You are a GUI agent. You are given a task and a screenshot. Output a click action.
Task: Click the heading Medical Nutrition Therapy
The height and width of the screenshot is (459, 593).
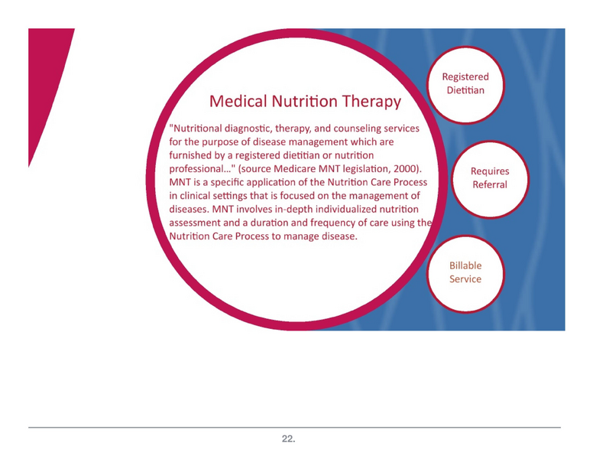pos(304,101)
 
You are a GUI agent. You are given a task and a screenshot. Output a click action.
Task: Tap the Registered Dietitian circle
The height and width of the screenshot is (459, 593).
pos(465,83)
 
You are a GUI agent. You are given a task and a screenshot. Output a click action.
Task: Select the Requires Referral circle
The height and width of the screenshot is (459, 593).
pos(490,178)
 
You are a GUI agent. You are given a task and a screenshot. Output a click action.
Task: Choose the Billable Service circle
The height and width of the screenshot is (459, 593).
pos(465,272)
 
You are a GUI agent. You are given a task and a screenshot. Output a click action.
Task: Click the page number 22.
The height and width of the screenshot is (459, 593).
pos(288,439)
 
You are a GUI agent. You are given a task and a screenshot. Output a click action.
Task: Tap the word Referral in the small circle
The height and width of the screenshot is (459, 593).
pos(490,185)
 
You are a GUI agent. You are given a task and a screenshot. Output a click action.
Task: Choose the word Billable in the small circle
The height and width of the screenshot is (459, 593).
pos(465,265)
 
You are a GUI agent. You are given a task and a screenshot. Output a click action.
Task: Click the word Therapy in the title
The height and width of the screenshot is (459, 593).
pos(370,101)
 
